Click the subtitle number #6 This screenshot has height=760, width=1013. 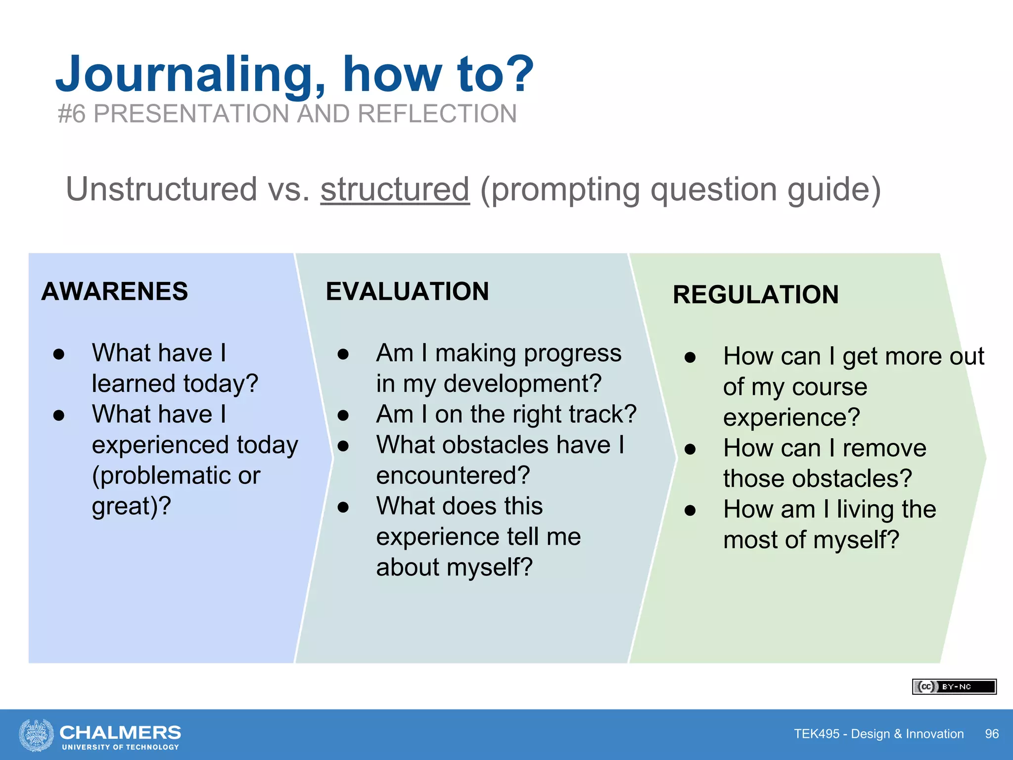point(72,114)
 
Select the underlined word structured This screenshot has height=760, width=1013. point(395,189)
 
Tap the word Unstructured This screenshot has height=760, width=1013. point(161,189)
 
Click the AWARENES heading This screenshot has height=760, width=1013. point(115,291)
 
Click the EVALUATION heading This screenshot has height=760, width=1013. point(407,291)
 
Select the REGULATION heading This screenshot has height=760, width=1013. point(755,294)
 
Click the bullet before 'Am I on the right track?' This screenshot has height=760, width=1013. point(343,415)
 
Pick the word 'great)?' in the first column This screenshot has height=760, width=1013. point(131,506)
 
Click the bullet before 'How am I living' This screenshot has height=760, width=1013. point(690,510)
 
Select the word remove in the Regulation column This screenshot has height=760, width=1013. point(884,448)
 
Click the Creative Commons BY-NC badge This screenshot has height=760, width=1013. point(954,686)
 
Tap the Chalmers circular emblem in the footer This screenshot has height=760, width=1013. point(36,735)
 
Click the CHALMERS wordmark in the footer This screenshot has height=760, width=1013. point(120,732)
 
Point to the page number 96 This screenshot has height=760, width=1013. point(991,734)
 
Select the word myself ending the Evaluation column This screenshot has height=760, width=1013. point(489,567)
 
